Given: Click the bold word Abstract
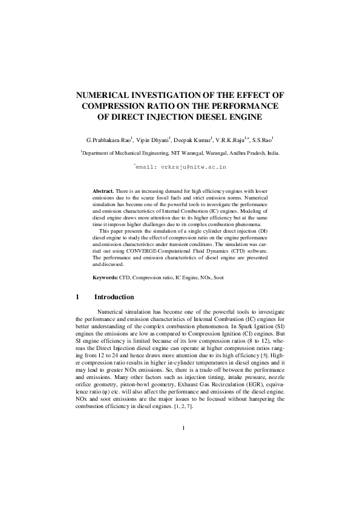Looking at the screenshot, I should point(102,190).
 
